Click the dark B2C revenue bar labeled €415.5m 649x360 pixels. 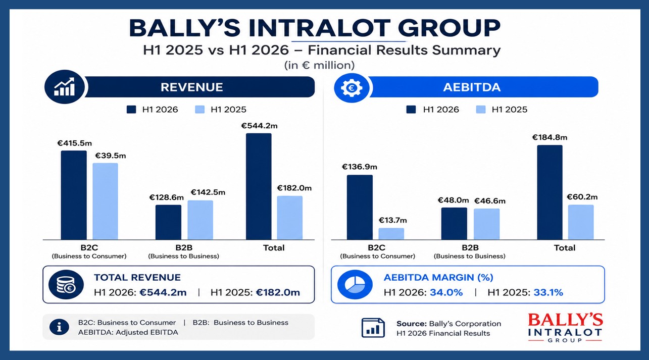pyautogui.click(x=74, y=195)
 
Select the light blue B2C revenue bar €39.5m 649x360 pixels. pyautogui.click(x=105, y=201)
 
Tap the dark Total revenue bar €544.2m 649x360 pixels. pyautogui.click(x=259, y=186)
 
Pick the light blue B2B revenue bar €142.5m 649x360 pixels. pyautogui.click(x=200, y=220)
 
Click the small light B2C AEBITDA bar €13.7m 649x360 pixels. pyautogui.click(x=391, y=234)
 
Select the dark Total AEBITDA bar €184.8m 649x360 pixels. pyautogui.click(x=550, y=192)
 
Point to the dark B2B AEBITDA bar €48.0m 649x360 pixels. pyautogui.click(x=454, y=224)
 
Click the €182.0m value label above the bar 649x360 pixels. pyautogui.click(x=294, y=188)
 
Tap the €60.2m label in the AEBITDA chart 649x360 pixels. pyautogui.click(x=582, y=197)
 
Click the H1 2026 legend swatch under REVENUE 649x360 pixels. pyautogui.click(x=131, y=110)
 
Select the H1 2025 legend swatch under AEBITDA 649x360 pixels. pyautogui.click(x=481, y=110)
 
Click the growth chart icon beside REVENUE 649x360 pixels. pyautogui.click(x=64, y=87)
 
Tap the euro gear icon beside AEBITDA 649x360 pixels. pyautogui.click(x=352, y=87)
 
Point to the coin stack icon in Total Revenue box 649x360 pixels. pyautogui.click(x=66, y=285)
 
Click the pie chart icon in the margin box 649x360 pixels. pyautogui.click(x=355, y=285)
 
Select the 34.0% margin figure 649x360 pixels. pyautogui.click(x=446, y=292)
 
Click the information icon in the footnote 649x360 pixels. pyautogui.click(x=59, y=327)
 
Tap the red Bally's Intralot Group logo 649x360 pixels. pyautogui.click(x=565, y=328)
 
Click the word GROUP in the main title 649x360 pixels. pyautogui.click(x=449, y=28)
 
